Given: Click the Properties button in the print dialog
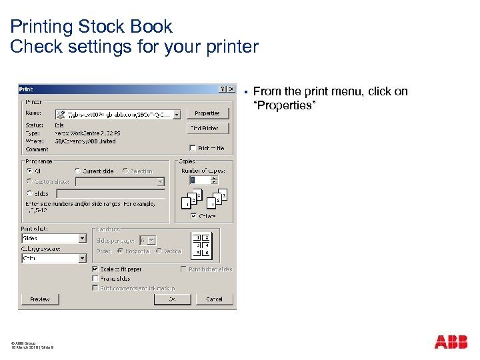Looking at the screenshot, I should (x=207, y=113).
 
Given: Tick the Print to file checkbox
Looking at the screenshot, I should (x=193, y=148).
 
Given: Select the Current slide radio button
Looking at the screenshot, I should (x=78, y=171).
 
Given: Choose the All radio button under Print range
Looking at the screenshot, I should (x=29, y=171).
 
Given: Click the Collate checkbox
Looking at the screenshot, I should (x=193, y=216).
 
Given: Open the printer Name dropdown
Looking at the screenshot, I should (x=177, y=114).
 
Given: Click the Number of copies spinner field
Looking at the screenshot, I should (x=199, y=180).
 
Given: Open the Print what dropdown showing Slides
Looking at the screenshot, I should (x=83, y=238).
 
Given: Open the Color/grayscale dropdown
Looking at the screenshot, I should (x=83, y=258).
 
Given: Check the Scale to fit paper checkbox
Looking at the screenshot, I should (x=95, y=269).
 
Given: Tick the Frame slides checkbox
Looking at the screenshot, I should (x=95, y=279).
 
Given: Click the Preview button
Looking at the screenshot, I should (x=40, y=299).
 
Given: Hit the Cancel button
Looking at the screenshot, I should (x=214, y=299).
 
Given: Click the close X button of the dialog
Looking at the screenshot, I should (x=231, y=89).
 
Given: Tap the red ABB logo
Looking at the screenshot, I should (x=451, y=342).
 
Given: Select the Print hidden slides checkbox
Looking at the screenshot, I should (x=183, y=269).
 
